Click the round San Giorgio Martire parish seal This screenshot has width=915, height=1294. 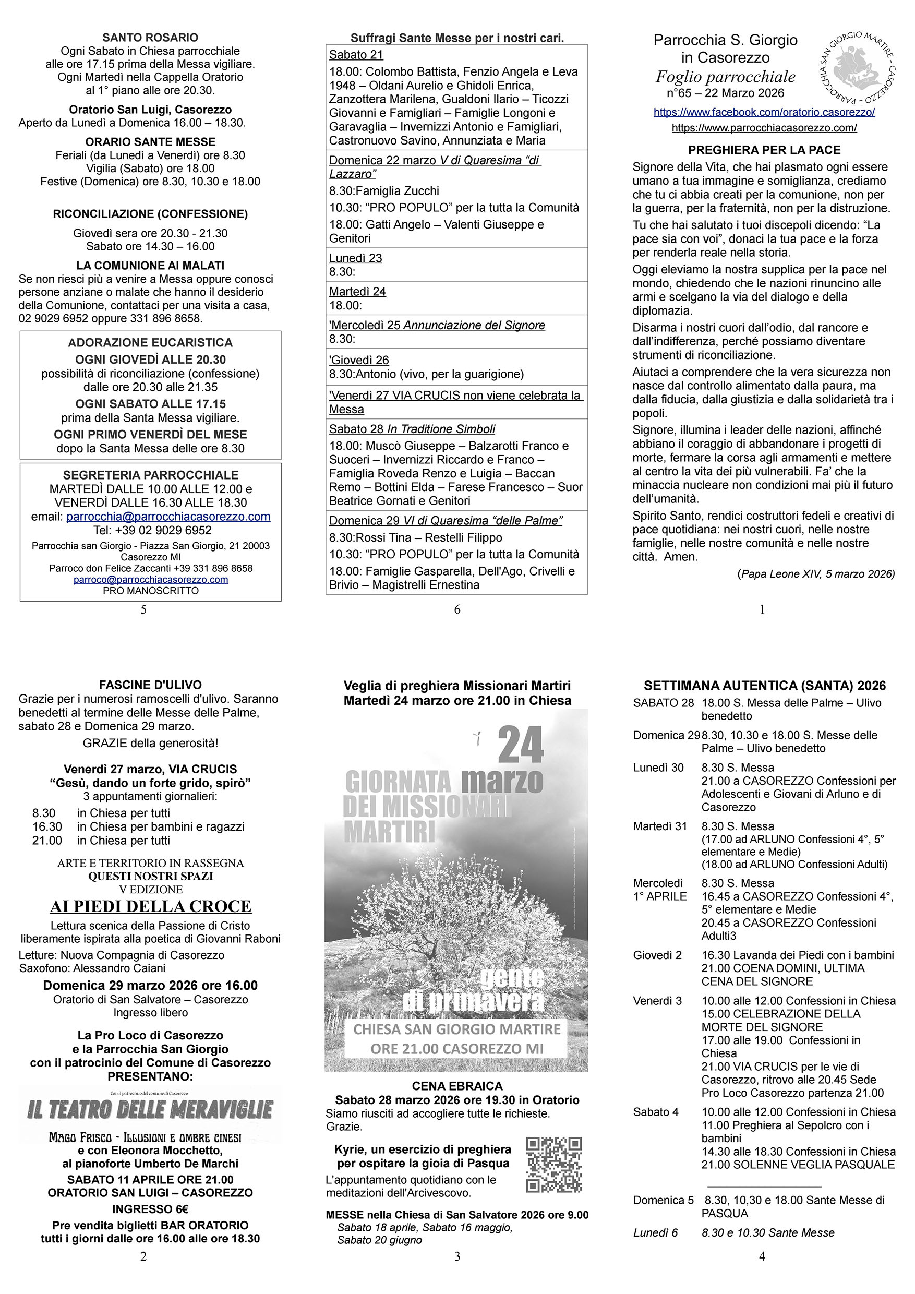pos(856,71)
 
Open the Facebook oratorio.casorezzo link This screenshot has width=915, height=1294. pos(764,112)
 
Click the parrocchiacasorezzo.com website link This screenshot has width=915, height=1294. pos(764,128)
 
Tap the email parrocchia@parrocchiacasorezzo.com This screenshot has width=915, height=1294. pos(168,517)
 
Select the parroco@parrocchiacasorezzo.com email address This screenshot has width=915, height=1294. pos(150,579)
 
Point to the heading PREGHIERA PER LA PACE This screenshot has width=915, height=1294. pos(764,150)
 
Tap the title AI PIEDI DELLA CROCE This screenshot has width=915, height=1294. pos(150,906)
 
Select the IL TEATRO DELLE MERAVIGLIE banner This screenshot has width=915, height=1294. pos(150,1110)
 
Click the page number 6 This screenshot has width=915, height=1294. pos(457,609)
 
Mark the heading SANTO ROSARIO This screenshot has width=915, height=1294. pos(150,38)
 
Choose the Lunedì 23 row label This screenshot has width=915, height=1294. pos(356,258)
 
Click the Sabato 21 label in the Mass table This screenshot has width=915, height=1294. pos(356,55)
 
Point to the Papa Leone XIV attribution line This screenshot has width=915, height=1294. pos(815,574)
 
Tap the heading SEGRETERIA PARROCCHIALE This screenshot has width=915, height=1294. pos(150,475)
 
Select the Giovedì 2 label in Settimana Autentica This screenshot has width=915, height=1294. pos(657,955)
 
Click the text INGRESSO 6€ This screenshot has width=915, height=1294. pos(150,1209)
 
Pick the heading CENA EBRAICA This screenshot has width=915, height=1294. pos(457,1086)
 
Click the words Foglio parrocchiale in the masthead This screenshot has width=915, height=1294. pos(725,77)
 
